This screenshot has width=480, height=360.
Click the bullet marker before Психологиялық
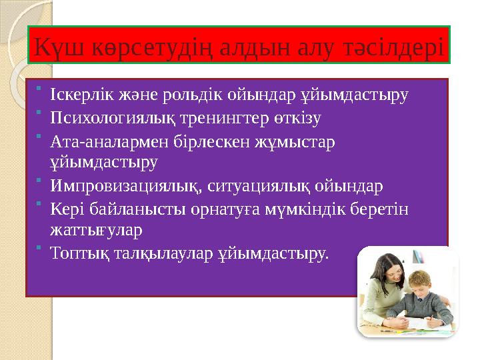40,115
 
